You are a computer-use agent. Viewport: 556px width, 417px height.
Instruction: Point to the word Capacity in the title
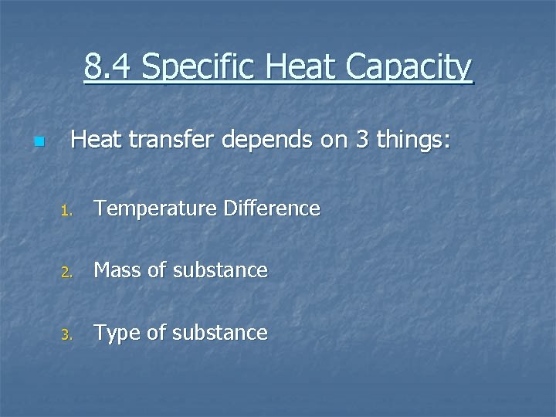(409, 69)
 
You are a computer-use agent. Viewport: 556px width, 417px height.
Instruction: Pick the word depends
(260, 141)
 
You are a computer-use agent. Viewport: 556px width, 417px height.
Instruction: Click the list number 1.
(66, 210)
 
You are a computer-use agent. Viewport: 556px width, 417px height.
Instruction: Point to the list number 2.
(66, 272)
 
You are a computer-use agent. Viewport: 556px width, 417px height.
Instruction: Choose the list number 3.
(66, 335)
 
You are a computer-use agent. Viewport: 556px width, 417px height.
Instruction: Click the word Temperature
(151, 208)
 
